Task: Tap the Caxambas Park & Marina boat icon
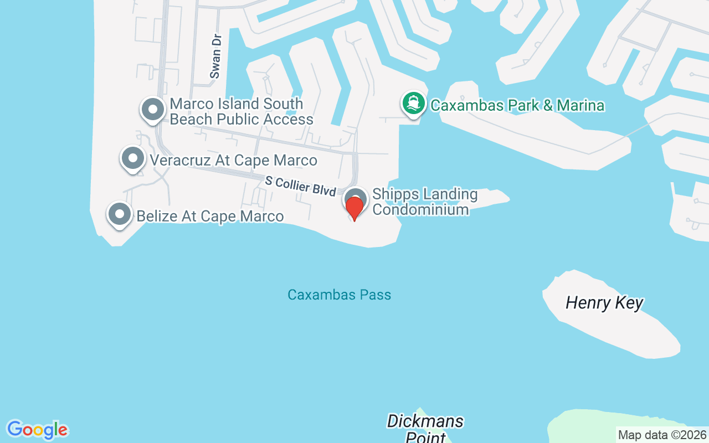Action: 413,104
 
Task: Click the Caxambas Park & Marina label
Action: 517,105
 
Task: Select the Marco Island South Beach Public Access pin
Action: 152,110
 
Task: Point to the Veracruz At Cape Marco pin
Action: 132,158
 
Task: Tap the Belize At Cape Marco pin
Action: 119,214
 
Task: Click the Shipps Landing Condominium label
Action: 424,202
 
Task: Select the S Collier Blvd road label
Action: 300,186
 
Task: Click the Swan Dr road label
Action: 215,55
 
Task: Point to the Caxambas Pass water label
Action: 339,295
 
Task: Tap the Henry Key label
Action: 604,303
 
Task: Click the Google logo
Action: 37,430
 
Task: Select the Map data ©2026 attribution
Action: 662,435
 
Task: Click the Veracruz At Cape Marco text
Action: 233,161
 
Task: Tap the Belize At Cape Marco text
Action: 210,216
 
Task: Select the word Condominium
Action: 420,209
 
